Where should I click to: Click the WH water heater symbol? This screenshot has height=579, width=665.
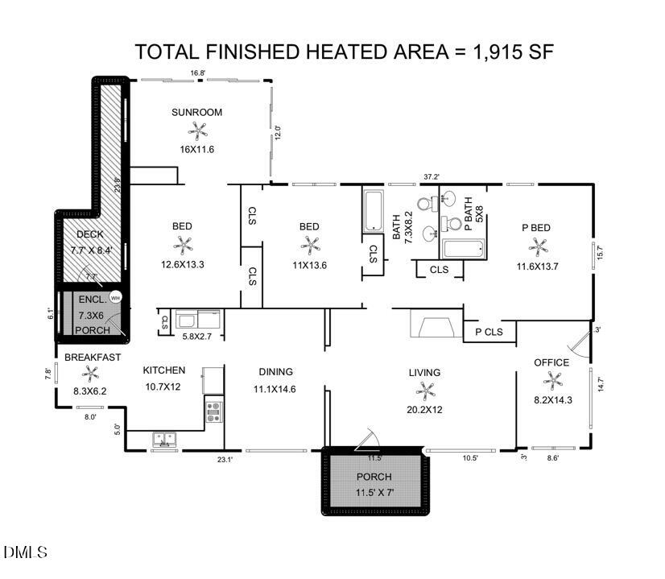(115, 296)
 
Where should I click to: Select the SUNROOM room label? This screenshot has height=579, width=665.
(196, 112)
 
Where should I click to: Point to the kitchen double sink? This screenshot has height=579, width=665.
(165, 439)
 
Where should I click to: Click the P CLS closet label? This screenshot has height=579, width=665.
(489, 332)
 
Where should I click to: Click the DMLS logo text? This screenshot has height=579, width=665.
(25, 552)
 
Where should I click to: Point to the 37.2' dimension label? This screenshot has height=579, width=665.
(432, 176)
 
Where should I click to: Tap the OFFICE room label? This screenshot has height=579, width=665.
(551, 362)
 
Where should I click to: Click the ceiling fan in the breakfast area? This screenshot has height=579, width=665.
(89, 374)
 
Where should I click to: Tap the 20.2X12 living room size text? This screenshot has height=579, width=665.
(424, 409)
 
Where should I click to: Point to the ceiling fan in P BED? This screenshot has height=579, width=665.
(536, 245)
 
